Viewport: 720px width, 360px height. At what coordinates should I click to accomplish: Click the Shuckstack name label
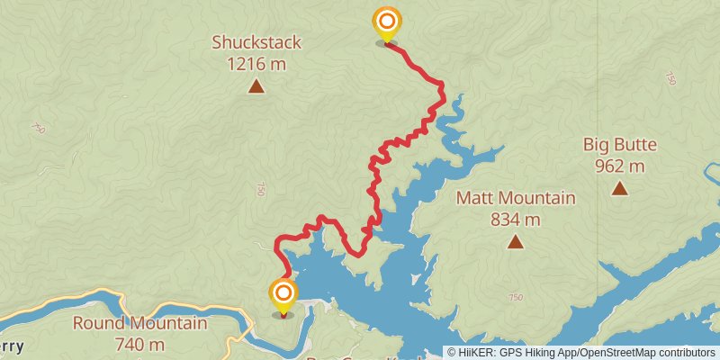[256, 42]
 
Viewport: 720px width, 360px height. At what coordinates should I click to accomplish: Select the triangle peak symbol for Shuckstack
[256, 86]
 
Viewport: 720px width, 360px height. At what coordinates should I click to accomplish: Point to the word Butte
[637, 145]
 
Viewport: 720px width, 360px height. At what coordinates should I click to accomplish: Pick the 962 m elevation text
[620, 166]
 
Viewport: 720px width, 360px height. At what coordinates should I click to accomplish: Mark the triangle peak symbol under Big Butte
[620, 188]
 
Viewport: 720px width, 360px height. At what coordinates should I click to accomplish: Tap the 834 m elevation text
[516, 219]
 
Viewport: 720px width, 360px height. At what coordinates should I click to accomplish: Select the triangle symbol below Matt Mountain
[515, 241]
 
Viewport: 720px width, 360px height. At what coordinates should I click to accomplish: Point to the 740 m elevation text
[139, 344]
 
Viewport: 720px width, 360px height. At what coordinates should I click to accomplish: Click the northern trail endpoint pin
[386, 22]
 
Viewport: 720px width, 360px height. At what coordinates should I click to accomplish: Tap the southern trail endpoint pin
[283, 294]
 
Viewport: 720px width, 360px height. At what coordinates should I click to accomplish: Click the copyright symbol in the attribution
[452, 353]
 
